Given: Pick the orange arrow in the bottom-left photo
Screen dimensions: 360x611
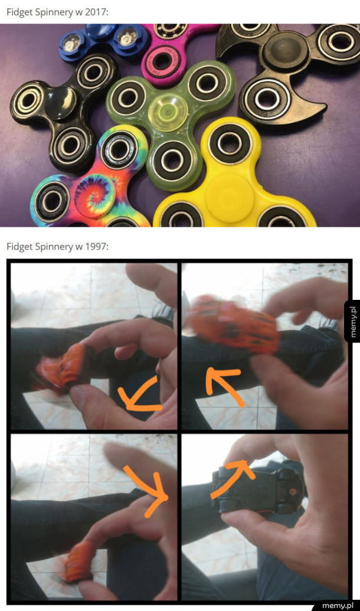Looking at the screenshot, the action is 149,488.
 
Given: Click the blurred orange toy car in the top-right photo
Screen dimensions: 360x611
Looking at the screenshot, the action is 233,324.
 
